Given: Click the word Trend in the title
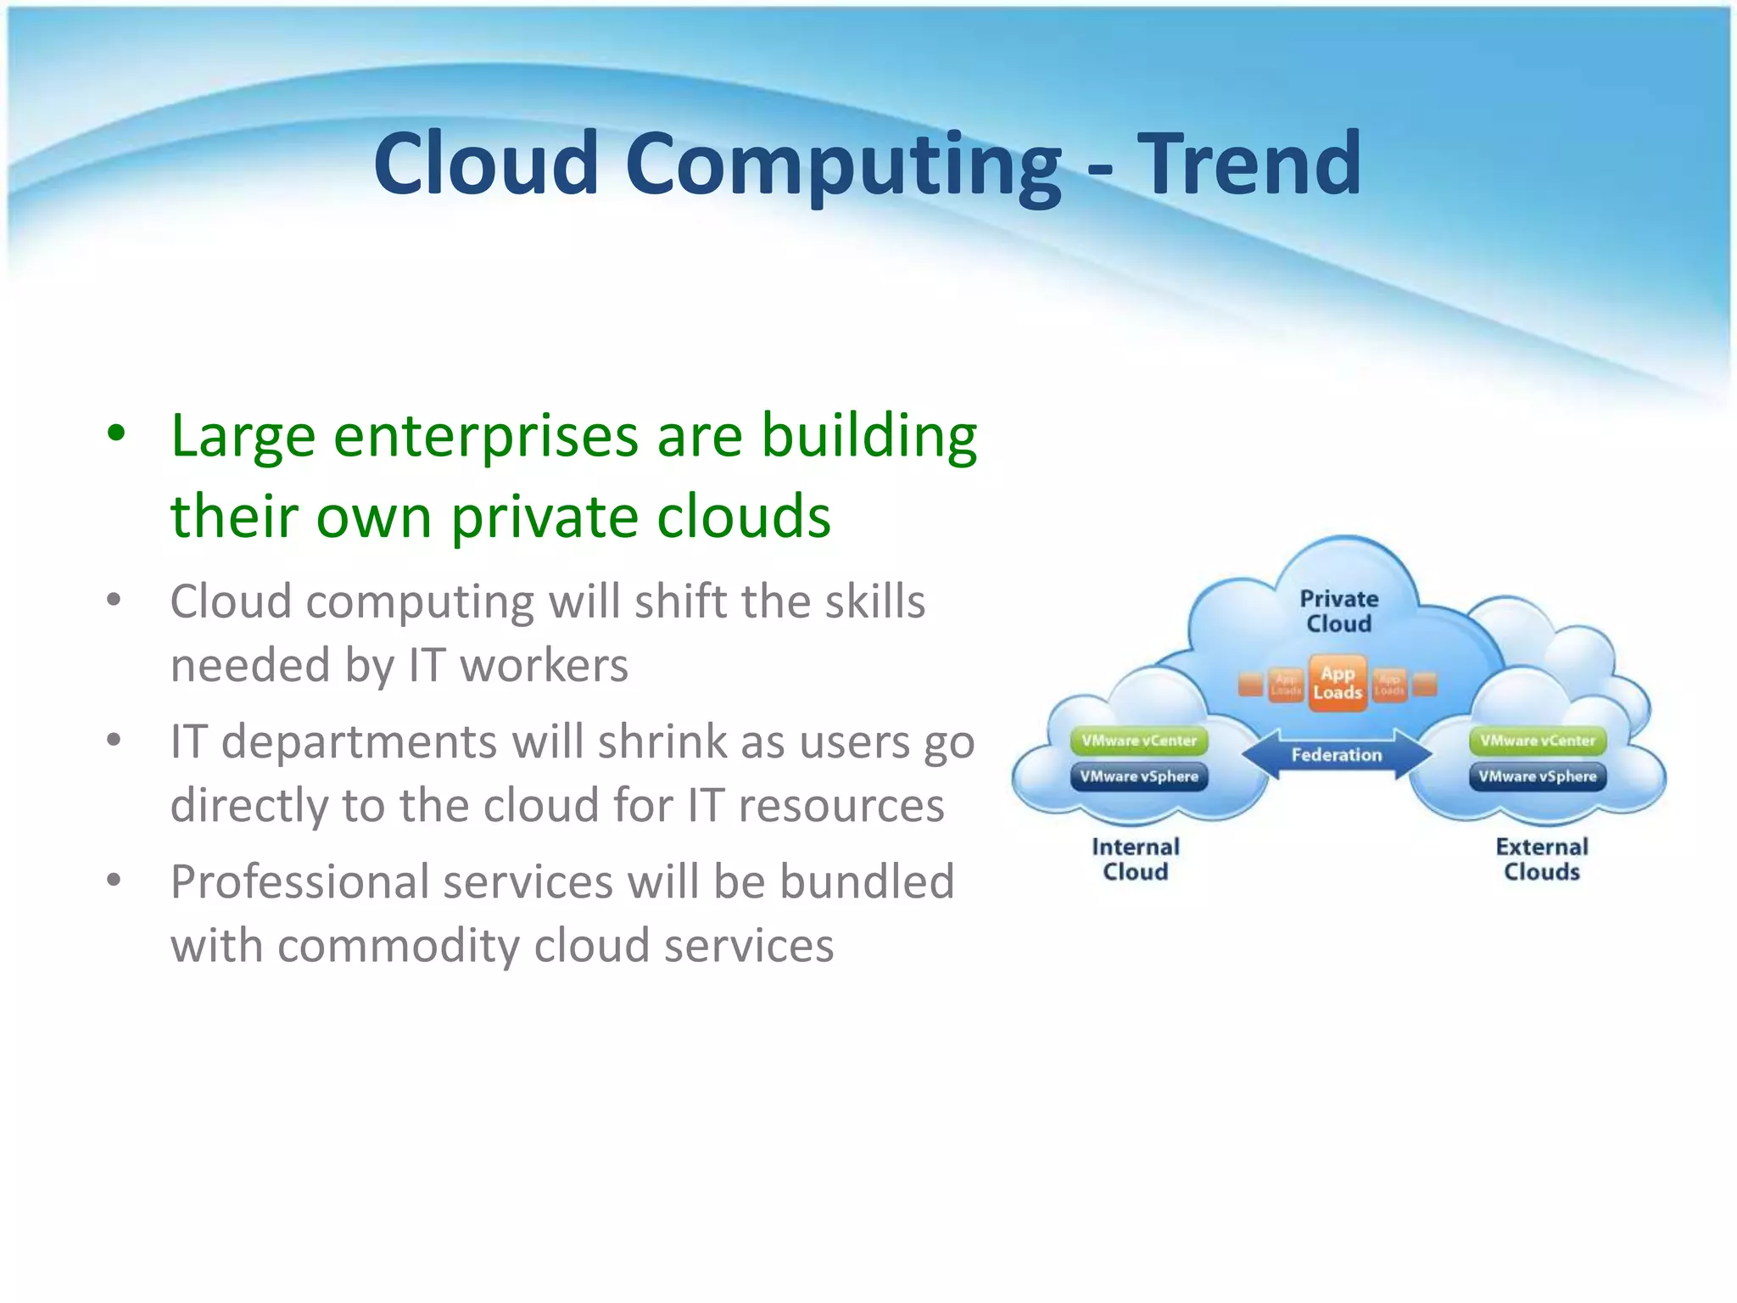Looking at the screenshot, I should coord(1248,163).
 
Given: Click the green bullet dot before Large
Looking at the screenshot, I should coord(116,434).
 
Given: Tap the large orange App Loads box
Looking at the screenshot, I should coord(1338,683).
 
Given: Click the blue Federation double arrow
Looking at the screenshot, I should coord(1337,754).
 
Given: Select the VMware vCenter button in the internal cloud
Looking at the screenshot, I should coord(1139,741).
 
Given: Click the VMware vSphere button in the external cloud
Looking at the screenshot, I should coord(1537,776).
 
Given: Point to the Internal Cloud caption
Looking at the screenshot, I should coord(1135,859).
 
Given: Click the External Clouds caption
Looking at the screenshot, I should coord(1541,859).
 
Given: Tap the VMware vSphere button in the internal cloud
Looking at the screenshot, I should coord(1139,776).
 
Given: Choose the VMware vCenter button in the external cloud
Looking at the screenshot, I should coord(1537,741).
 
